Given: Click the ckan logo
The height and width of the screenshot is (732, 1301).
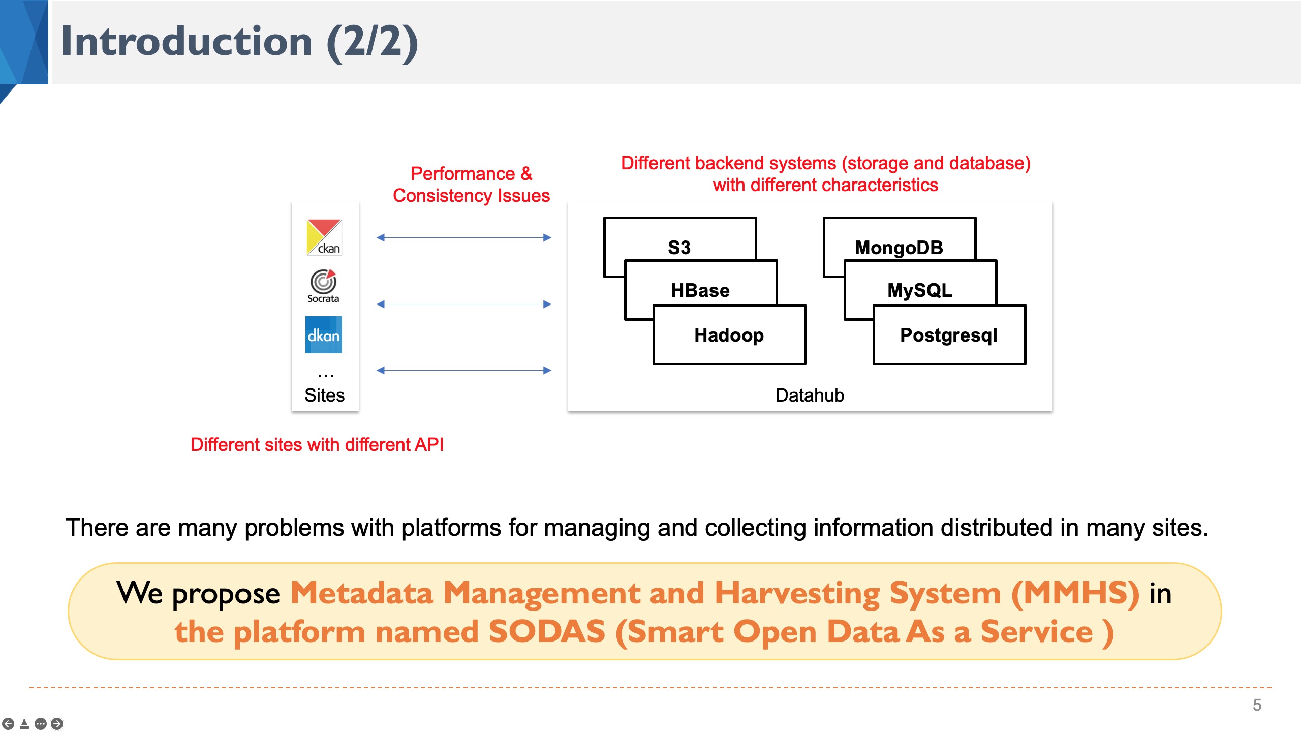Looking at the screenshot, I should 324,237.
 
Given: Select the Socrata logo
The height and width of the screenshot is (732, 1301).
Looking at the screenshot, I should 323,286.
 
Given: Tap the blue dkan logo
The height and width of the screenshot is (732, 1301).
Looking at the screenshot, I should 323,335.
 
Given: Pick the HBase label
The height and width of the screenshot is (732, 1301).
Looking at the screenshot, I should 700,290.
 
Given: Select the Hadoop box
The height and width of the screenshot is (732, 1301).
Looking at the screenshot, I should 729,335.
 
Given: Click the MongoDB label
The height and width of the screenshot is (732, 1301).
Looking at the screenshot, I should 899,248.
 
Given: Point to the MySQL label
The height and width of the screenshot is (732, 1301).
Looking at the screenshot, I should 920,290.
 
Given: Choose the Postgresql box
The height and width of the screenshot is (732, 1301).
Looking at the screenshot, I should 949,335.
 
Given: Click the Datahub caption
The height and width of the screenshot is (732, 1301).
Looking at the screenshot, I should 810,395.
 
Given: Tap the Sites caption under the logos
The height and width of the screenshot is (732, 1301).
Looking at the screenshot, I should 324,395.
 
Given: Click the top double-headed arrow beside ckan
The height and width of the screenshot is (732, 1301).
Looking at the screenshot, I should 463,237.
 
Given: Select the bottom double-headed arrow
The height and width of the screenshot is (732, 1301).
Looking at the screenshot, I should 463,370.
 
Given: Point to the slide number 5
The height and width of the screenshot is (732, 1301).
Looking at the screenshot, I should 1257,705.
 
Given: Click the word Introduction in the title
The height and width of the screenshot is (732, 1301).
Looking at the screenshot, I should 187,42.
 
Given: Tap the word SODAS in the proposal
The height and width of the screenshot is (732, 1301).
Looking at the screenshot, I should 547,632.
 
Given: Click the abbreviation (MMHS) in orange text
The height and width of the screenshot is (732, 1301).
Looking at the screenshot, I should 1075,593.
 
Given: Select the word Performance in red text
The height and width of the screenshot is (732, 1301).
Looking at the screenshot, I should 462,174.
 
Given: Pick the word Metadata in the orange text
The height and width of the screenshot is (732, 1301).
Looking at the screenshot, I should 361,593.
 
